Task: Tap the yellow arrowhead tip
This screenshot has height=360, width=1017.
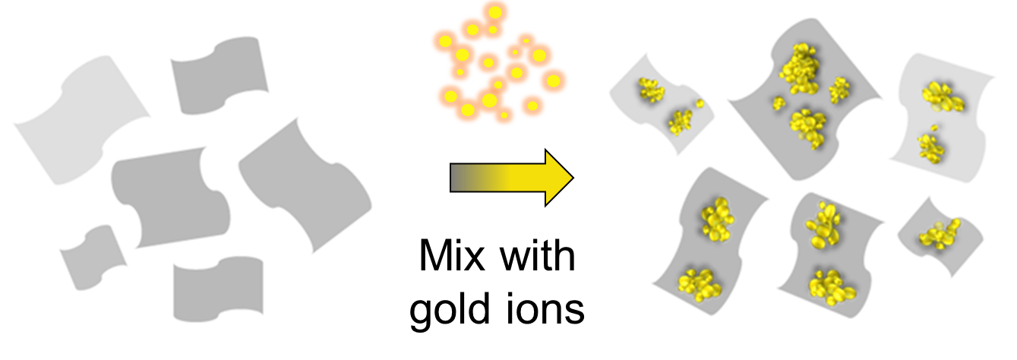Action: pos(570,178)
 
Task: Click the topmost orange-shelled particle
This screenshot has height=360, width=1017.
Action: pos(494,12)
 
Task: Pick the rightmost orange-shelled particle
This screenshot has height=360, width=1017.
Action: pos(554,81)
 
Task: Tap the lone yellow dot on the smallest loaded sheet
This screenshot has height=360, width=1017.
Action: pos(700,103)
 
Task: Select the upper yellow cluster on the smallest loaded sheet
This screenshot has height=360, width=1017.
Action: pos(651,89)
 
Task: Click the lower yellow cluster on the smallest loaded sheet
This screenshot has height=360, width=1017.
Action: pos(680,121)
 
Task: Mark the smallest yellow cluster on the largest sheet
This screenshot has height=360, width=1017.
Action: pos(779,103)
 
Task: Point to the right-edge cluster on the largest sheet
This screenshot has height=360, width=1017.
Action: pos(839,90)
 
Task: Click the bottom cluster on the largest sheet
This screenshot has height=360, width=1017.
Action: pos(807,128)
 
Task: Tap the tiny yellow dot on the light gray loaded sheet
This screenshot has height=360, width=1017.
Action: pos(935,127)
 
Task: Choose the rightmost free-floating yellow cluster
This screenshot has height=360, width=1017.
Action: pos(940,234)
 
